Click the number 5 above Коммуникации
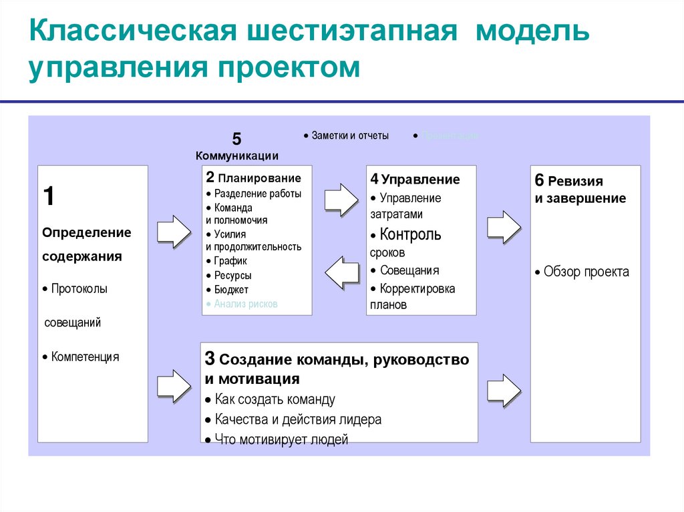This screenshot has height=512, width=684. pyautogui.click(x=236, y=140)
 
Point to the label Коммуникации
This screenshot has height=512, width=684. pyautogui.click(x=237, y=156)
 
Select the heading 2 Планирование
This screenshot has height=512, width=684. pyautogui.click(x=253, y=178)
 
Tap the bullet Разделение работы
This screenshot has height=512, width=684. pyautogui.click(x=257, y=194)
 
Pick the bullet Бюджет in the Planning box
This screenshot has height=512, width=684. pyautogui.click(x=231, y=290)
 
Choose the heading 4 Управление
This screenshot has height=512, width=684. pyautogui.click(x=415, y=179)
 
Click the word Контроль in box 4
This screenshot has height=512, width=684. pyautogui.click(x=410, y=235)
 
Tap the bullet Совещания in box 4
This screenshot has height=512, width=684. pyautogui.click(x=409, y=270)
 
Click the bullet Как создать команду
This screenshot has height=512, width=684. pyautogui.click(x=275, y=400)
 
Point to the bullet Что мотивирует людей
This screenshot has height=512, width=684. pyautogui.click(x=281, y=439)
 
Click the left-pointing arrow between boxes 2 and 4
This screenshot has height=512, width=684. pyautogui.click(x=341, y=272)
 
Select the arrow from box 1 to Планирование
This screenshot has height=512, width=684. pyautogui.click(x=174, y=231)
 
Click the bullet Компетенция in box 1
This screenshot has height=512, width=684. pyautogui.click(x=85, y=357)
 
